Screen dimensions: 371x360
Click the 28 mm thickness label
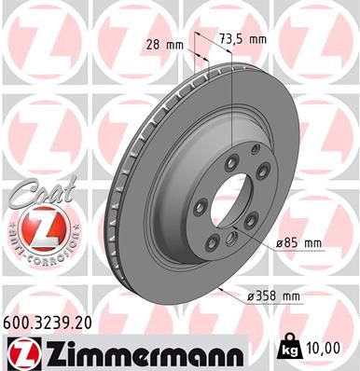(162, 43)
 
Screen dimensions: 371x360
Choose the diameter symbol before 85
(278, 243)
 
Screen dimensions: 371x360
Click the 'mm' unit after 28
(174, 43)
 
